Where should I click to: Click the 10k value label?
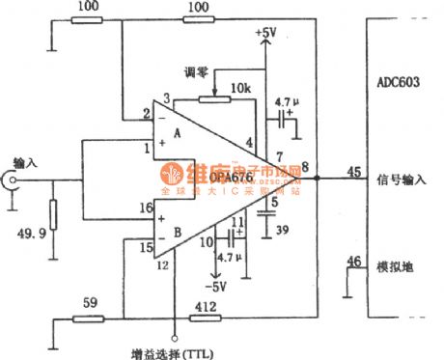point(239,88)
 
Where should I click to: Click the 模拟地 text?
point(396,263)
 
